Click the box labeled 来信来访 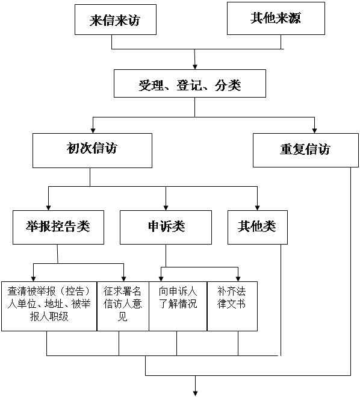tap(116, 19)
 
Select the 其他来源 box tap(276, 18)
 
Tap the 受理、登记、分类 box tap(190, 83)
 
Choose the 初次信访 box tap(92, 151)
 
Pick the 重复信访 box tap(306, 150)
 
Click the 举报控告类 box tap(58, 227)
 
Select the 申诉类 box tap(166, 227)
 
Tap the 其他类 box tap(258, 227)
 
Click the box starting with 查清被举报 tap(49, 306)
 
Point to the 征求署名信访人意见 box tap(123, 306)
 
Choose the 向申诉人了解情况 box tap(178, 306)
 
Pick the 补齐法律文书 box tap(232, 306)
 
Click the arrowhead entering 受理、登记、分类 tap(195, 67)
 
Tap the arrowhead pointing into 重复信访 tap(314, 131)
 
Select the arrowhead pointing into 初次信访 tap(93, 131)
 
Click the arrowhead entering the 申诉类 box tap(166, 208)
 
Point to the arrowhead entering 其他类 tap(257, 208)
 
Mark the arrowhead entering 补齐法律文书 tap(238, 278)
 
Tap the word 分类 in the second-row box tap(228, 86)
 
